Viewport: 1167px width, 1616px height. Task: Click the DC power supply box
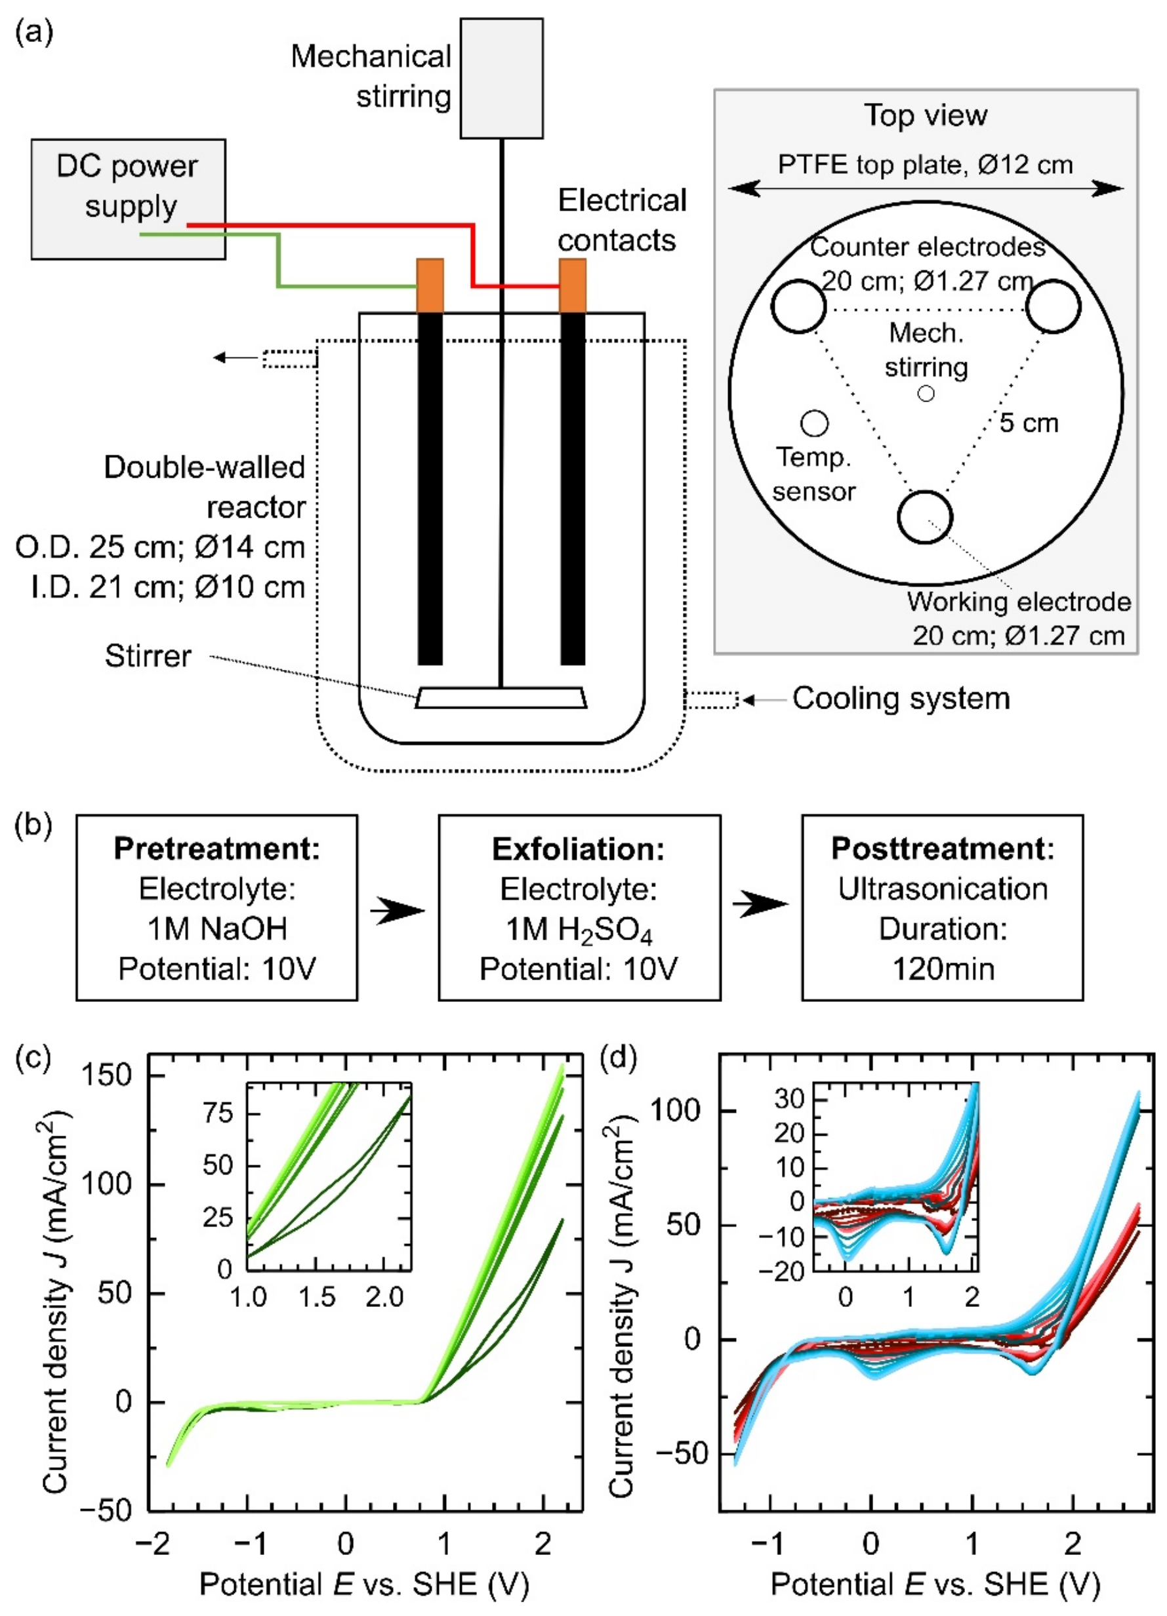tap(128, 198)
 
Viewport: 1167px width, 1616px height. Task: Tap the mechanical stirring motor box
tap(501, 77)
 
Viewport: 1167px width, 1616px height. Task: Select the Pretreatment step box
tap(216, 908)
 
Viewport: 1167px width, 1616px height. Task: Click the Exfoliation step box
tap(579, 908)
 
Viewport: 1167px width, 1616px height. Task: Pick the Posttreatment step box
tap(942, 908)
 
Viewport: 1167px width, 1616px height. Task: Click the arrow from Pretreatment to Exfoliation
tap(398, 910)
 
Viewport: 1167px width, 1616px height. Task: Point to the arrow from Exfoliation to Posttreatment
tap(761, 905)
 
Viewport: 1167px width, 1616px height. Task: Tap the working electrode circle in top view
tap(925, 517)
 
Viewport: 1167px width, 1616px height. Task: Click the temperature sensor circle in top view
tap(814, 423)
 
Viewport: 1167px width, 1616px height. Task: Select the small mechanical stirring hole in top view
tap(926, 393)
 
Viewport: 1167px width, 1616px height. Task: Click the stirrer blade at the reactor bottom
tap(502, 697)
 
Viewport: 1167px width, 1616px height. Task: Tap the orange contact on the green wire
tap(430, 285)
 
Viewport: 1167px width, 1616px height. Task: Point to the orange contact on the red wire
tap(573, 285)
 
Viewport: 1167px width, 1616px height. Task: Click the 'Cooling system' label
tap(901, 698)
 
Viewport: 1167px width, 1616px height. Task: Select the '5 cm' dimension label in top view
tap(1029, 423)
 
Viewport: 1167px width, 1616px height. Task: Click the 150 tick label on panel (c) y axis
tap(107, 1075)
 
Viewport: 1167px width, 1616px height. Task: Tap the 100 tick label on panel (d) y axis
tap(677, 1111)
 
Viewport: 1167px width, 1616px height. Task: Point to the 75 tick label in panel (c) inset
tap(218, 1113)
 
